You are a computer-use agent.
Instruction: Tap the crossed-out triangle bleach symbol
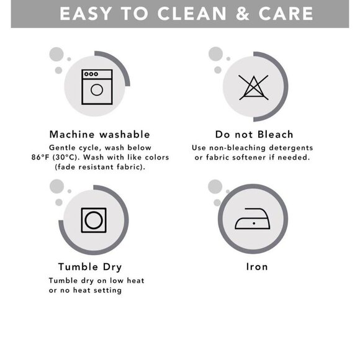253,88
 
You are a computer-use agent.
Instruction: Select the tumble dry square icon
94,220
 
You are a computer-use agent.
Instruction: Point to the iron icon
253,218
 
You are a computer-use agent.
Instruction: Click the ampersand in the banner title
243,14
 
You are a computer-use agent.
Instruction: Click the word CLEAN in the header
192,14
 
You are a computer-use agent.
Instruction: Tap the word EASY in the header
86,14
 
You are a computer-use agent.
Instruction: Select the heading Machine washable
100,134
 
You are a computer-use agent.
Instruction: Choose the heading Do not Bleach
254,134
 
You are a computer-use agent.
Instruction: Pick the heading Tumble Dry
90,267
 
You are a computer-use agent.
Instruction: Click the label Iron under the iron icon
257,267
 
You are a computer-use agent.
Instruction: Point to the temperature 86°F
40,157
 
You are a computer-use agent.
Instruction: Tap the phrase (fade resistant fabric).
100,167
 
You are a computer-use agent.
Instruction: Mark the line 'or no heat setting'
85,290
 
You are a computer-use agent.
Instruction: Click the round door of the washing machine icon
97,90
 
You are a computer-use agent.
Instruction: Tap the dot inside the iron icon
254,223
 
